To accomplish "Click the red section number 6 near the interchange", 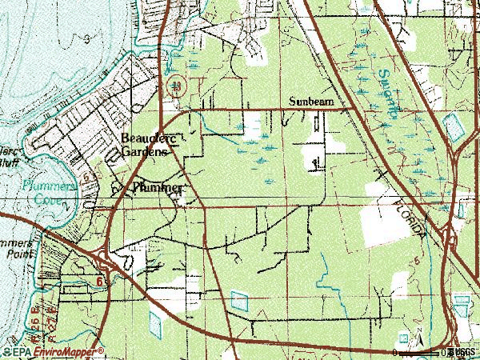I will pyautogui.click(x=99, y=282).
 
